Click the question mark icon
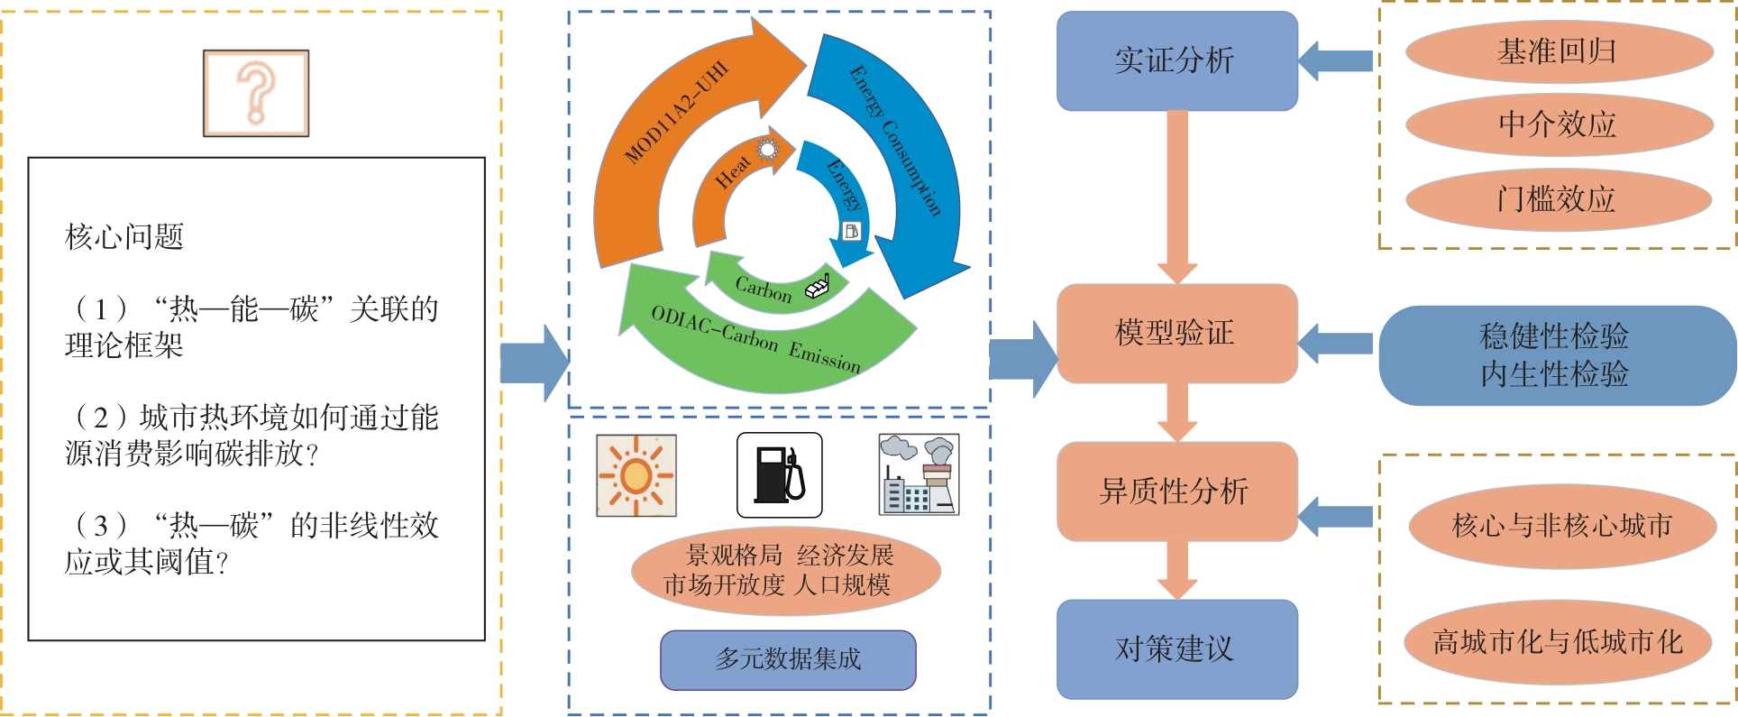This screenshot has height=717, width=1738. (256, 93)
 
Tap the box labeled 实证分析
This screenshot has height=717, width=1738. (1176, 61)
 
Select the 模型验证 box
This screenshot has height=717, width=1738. (1176, 333)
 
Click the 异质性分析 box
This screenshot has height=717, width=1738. (1176, 492)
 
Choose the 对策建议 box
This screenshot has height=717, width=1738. (1176, 648)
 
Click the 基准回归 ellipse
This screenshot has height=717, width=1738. (1558, 52)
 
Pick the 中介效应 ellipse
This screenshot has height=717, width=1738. (1558, 124)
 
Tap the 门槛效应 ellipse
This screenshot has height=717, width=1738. (1558, 198)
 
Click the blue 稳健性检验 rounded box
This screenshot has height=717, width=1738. (1556, 355)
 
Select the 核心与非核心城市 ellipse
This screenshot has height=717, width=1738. (1562, 526)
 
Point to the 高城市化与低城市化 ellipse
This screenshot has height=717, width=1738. (1558, 642)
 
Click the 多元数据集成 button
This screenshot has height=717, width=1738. (788, 659)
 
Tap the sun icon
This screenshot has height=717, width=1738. (636, 475)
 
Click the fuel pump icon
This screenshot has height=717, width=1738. (779, 475)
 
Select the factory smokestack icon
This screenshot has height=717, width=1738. (919, 475)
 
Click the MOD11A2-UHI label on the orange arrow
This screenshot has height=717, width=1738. (675, 113)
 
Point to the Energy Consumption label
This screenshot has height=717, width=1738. (895, 140)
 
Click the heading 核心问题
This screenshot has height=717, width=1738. (124, 237)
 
